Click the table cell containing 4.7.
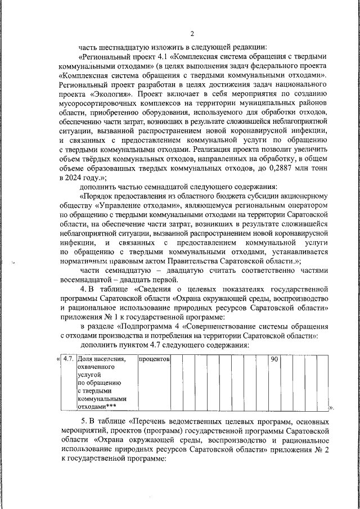coord(69,359)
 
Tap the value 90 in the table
coord(274,359)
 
